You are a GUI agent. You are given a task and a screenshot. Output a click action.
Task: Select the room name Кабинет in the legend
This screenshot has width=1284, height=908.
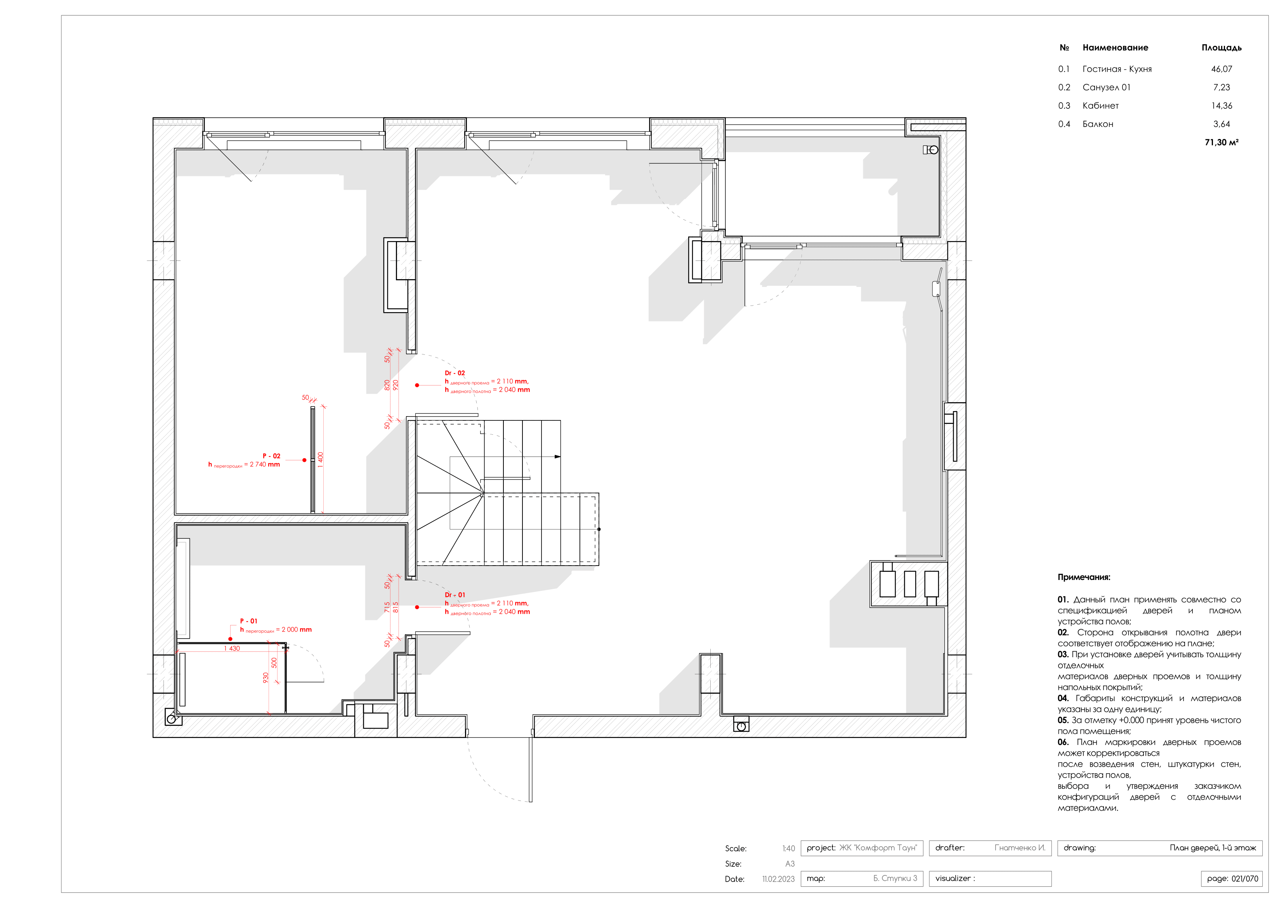(x=1100, y=106)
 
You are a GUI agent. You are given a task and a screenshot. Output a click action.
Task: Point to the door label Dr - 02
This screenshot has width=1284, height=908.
(x=455, y=373)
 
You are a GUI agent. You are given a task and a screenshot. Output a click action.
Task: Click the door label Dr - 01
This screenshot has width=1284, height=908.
(x=455, y=595)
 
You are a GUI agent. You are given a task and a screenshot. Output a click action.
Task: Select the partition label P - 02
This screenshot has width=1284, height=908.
(x=271, y=456)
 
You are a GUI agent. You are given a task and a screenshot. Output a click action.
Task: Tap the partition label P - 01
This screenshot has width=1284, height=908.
(x=248, y=621)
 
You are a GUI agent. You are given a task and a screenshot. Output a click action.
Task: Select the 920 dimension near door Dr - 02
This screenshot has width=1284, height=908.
(x=396, y=385)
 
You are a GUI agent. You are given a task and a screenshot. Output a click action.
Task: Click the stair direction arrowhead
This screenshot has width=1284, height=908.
(x=557, y=457)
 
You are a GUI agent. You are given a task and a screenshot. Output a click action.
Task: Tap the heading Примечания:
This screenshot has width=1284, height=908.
(x=1083, y=577)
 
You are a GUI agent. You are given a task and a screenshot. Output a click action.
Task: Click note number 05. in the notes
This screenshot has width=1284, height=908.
(x=1062, y=720)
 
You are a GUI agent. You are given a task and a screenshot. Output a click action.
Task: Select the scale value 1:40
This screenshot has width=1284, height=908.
(x=788, y=848)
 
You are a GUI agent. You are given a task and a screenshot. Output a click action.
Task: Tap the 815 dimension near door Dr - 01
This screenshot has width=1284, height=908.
(x=396, y=607)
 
